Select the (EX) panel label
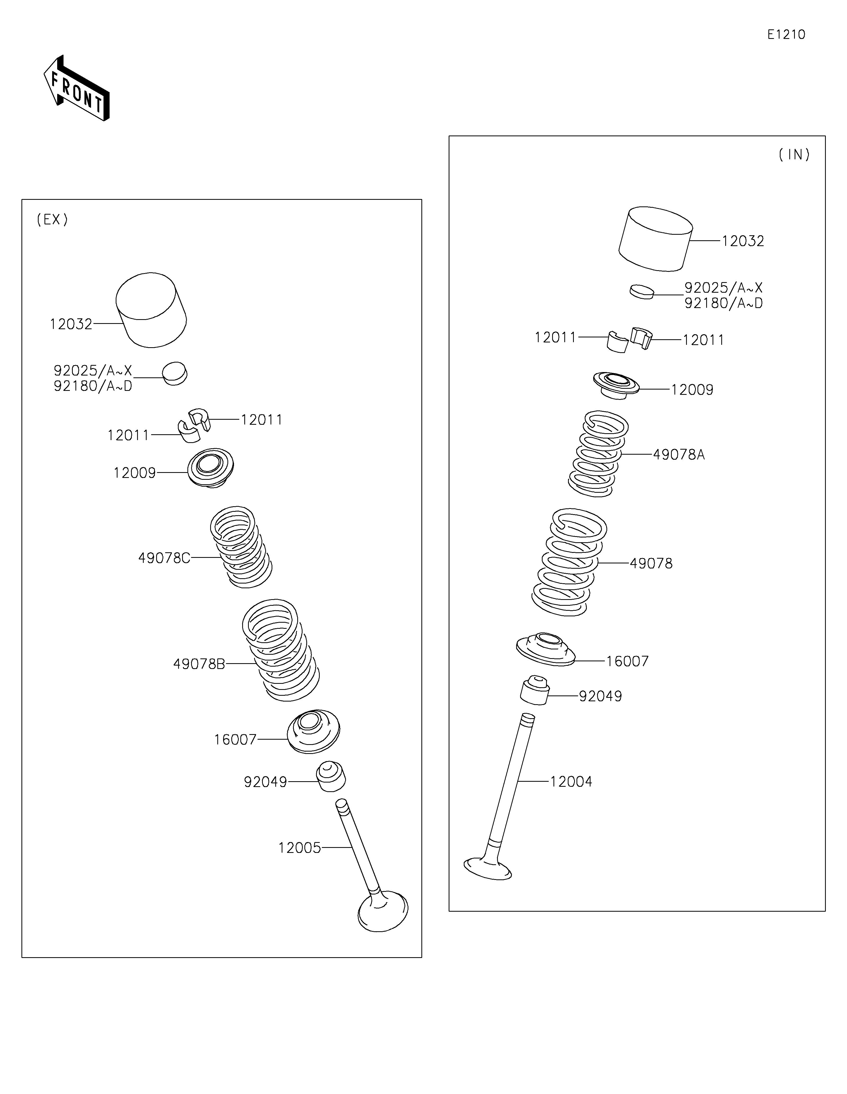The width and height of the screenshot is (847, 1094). tap(52, 219)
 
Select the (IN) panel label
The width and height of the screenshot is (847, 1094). tap(794, 155)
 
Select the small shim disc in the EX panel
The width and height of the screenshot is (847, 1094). tap(174, 373)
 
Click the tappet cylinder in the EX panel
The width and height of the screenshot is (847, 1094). tap(151, 310)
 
